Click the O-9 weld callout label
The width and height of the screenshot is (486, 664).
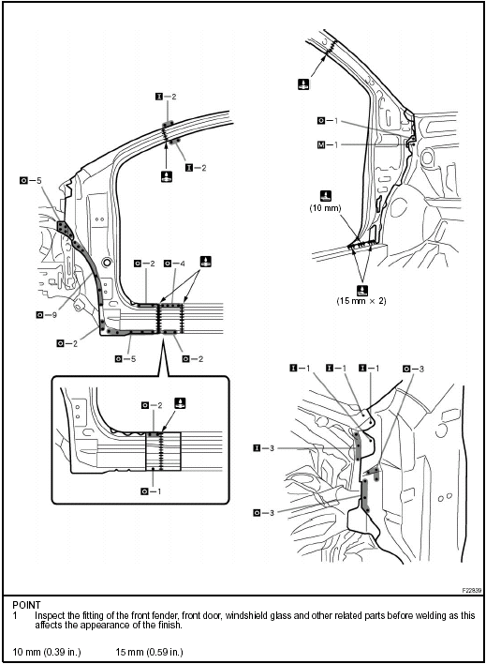pos(45,314)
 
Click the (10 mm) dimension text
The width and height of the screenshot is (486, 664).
pos(325,209)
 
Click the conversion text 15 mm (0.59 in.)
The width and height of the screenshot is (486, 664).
pos(149,651)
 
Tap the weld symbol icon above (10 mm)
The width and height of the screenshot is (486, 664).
pos(325,195)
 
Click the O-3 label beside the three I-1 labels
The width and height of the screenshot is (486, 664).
pos(411,369)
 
